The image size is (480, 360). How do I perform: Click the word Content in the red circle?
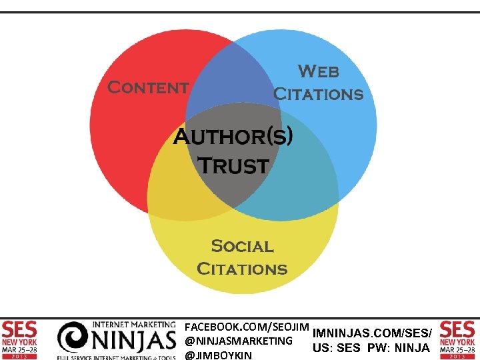point(148,87)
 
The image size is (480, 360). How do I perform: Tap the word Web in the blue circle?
point(318,71)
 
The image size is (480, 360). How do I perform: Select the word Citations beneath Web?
point(319,94)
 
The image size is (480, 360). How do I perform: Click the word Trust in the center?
point(234,165)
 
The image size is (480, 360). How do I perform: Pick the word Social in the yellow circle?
point(242,246)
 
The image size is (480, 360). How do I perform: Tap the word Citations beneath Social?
point(242,269)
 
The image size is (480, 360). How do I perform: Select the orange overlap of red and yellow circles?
point(170,193)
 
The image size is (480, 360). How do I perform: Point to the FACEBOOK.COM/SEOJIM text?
point(247,327)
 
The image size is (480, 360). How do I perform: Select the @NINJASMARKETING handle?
point(238,341)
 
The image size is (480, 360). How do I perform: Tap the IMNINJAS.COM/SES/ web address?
point(373,332)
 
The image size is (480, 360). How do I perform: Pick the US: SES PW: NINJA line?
point(371,347)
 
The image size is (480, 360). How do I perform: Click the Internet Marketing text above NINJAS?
point(134,325)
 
